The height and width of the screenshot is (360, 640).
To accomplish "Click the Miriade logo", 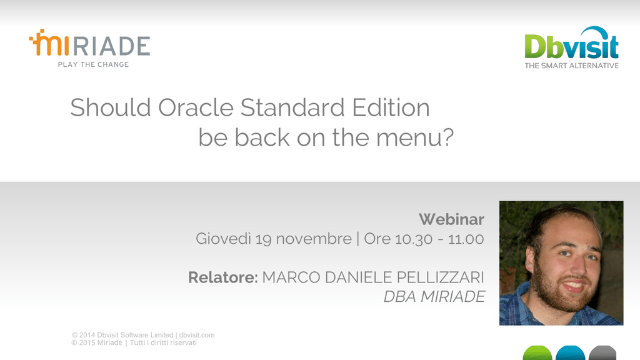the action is pos(89,48).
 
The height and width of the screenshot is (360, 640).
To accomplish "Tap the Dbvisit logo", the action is pos(571,47).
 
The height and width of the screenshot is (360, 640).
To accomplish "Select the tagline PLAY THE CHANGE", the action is pos(94,64).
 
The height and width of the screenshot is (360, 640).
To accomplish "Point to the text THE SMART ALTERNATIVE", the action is pos(571,66).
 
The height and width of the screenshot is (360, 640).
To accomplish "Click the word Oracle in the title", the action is pos(196,107).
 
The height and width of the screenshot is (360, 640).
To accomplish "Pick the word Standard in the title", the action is pos(292,107).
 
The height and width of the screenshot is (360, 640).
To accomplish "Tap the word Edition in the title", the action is pos(391,107).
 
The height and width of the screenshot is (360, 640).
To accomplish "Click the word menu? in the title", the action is pos(415,137).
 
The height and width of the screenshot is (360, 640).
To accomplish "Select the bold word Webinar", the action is pos(451,219).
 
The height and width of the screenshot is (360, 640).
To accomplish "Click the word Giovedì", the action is pos(223,239).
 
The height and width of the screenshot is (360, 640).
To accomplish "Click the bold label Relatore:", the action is pos(223,277).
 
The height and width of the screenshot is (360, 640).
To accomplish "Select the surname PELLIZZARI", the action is pos(441,277).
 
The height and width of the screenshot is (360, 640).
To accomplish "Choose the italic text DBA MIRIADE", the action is pos(434,297).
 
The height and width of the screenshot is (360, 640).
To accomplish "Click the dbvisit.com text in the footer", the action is pos(197,335).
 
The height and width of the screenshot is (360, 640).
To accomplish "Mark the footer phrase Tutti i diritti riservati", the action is pos(163,343).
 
